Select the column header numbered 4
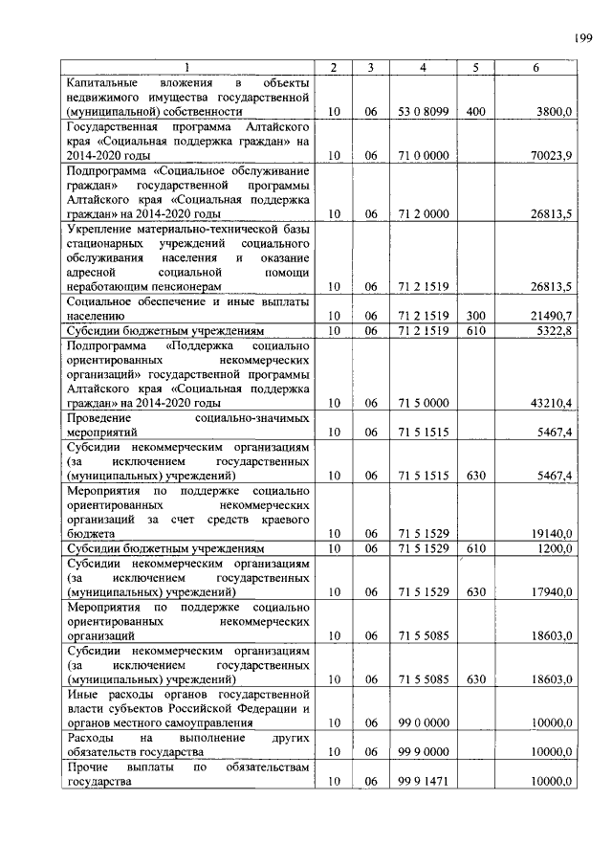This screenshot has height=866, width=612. (423, 68)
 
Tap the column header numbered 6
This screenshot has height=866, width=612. (535, 68)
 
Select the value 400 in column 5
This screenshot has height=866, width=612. (475, 112)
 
